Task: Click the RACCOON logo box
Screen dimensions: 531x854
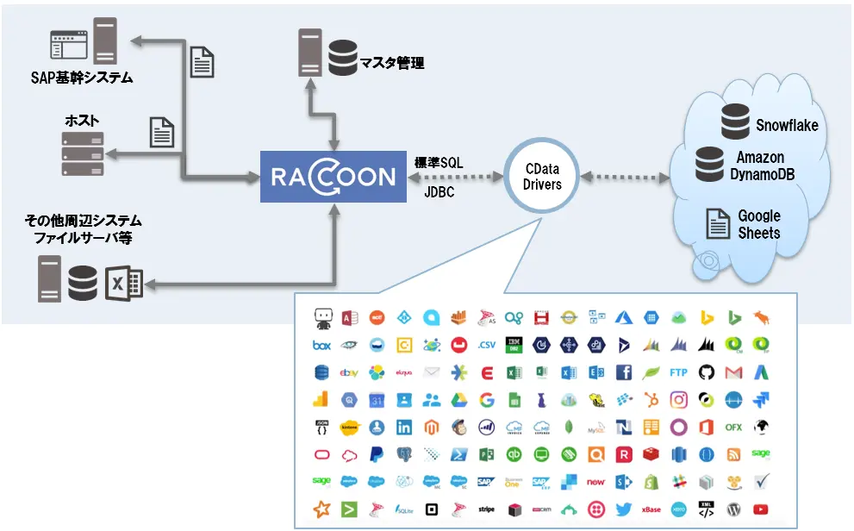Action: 333,178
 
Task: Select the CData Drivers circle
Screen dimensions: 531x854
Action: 542,178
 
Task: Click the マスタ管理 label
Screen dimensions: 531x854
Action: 392,64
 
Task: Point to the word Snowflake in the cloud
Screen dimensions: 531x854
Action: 786,126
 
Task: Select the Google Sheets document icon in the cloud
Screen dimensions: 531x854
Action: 718,224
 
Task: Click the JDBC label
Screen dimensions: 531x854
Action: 439,192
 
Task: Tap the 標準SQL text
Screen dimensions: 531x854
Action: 439,162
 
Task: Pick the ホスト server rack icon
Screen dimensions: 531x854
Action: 83,156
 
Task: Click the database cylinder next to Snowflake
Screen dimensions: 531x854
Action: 735,122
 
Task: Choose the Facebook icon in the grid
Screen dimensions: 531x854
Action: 624,373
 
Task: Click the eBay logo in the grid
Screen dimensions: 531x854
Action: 349,373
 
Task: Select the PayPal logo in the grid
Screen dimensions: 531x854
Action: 377,454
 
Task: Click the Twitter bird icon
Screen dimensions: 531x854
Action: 624,509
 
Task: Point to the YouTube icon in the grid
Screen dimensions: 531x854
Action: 761,509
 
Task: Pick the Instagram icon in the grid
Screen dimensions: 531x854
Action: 679,400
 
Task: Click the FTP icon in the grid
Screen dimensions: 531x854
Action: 679,373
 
